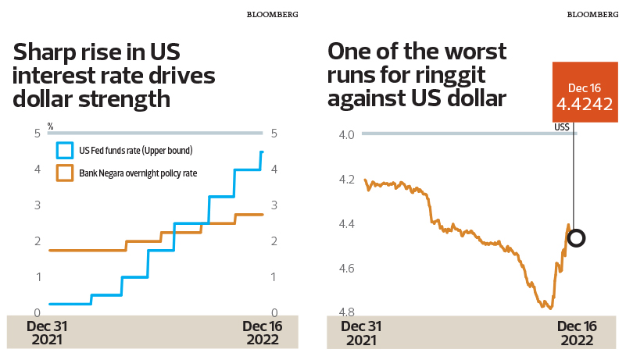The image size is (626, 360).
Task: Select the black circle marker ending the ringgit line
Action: click(576, 238)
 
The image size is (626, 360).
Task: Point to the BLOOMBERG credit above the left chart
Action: click(272, 14)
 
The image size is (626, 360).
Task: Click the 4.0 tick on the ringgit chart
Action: click(347, 134)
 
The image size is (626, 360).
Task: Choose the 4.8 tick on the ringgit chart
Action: click(347, 313)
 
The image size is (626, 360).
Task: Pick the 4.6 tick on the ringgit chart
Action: click(347, 269)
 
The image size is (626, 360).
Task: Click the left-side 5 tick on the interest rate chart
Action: click(37, 134)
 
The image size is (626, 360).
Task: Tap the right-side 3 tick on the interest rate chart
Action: click(274, 205)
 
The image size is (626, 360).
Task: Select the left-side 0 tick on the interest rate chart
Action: click(37, 313)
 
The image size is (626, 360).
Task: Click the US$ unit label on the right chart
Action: click(561, 127)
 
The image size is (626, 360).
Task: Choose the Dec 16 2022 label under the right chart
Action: click(577, 333)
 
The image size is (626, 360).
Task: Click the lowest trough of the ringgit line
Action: click(540, 308)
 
